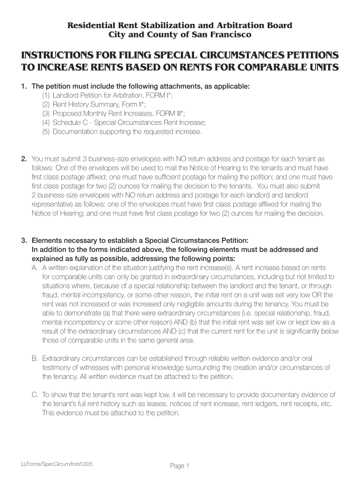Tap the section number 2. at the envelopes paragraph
click(x=24, y=159)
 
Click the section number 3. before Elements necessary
click(x=24, y=241)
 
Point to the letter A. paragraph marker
click(x=35, y=268)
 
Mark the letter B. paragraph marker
click(x=35, y=359)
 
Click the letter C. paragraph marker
click(x=35, y=395)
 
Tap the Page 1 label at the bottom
click(x=180, y=466)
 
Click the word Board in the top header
click(x=279, y=25)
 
